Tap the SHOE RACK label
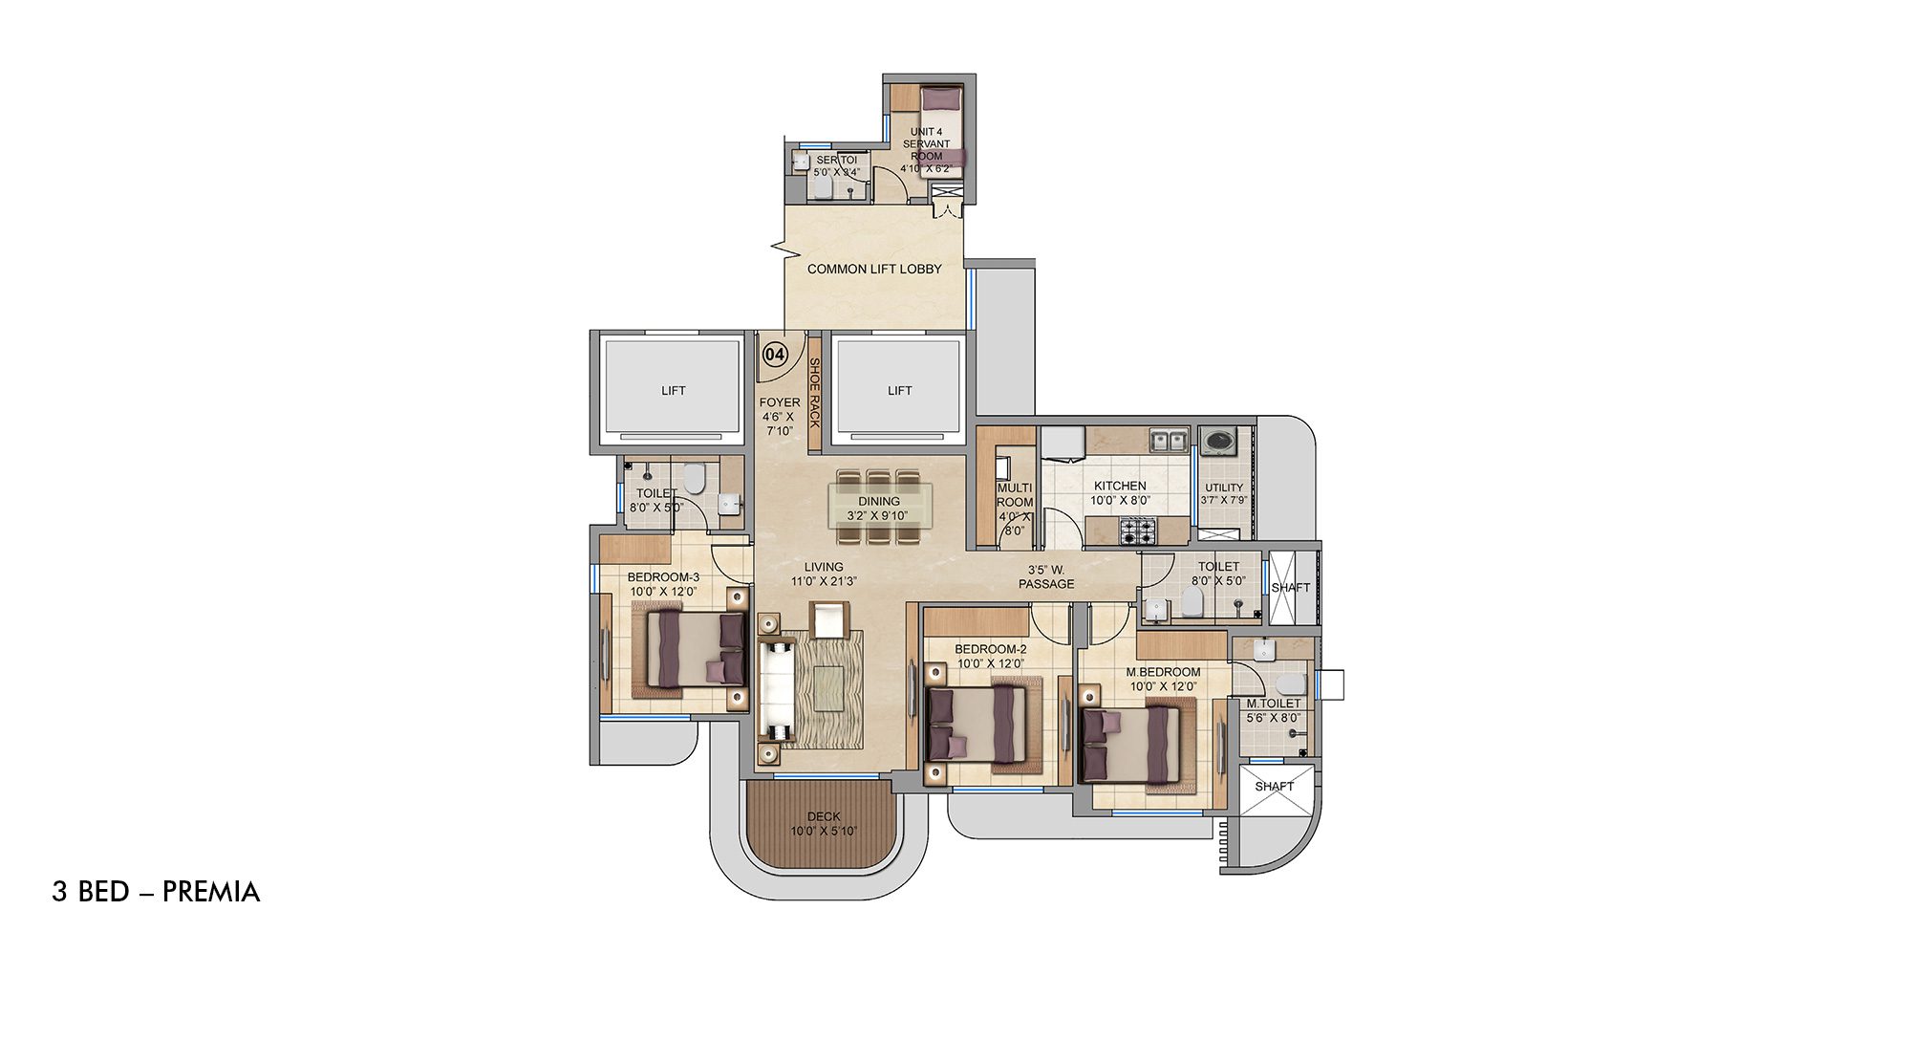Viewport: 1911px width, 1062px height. coord(815,393)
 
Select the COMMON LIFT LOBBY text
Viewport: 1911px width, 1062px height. coord(874,270)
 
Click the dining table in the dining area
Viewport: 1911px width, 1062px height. coord(879,507)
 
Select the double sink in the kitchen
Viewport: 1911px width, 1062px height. coord(1169,441)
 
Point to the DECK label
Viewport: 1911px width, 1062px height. coord(824,816)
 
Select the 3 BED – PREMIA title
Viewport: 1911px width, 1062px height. coord(156,892)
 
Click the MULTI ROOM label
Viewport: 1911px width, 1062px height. coord(1014,495)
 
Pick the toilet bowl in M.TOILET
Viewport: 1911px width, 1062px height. coord(1289,683)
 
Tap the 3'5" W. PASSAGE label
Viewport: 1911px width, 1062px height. coord(1046,577)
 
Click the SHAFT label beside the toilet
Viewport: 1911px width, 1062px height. coord(1290,587)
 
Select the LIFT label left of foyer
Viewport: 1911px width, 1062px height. coord(673,391)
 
